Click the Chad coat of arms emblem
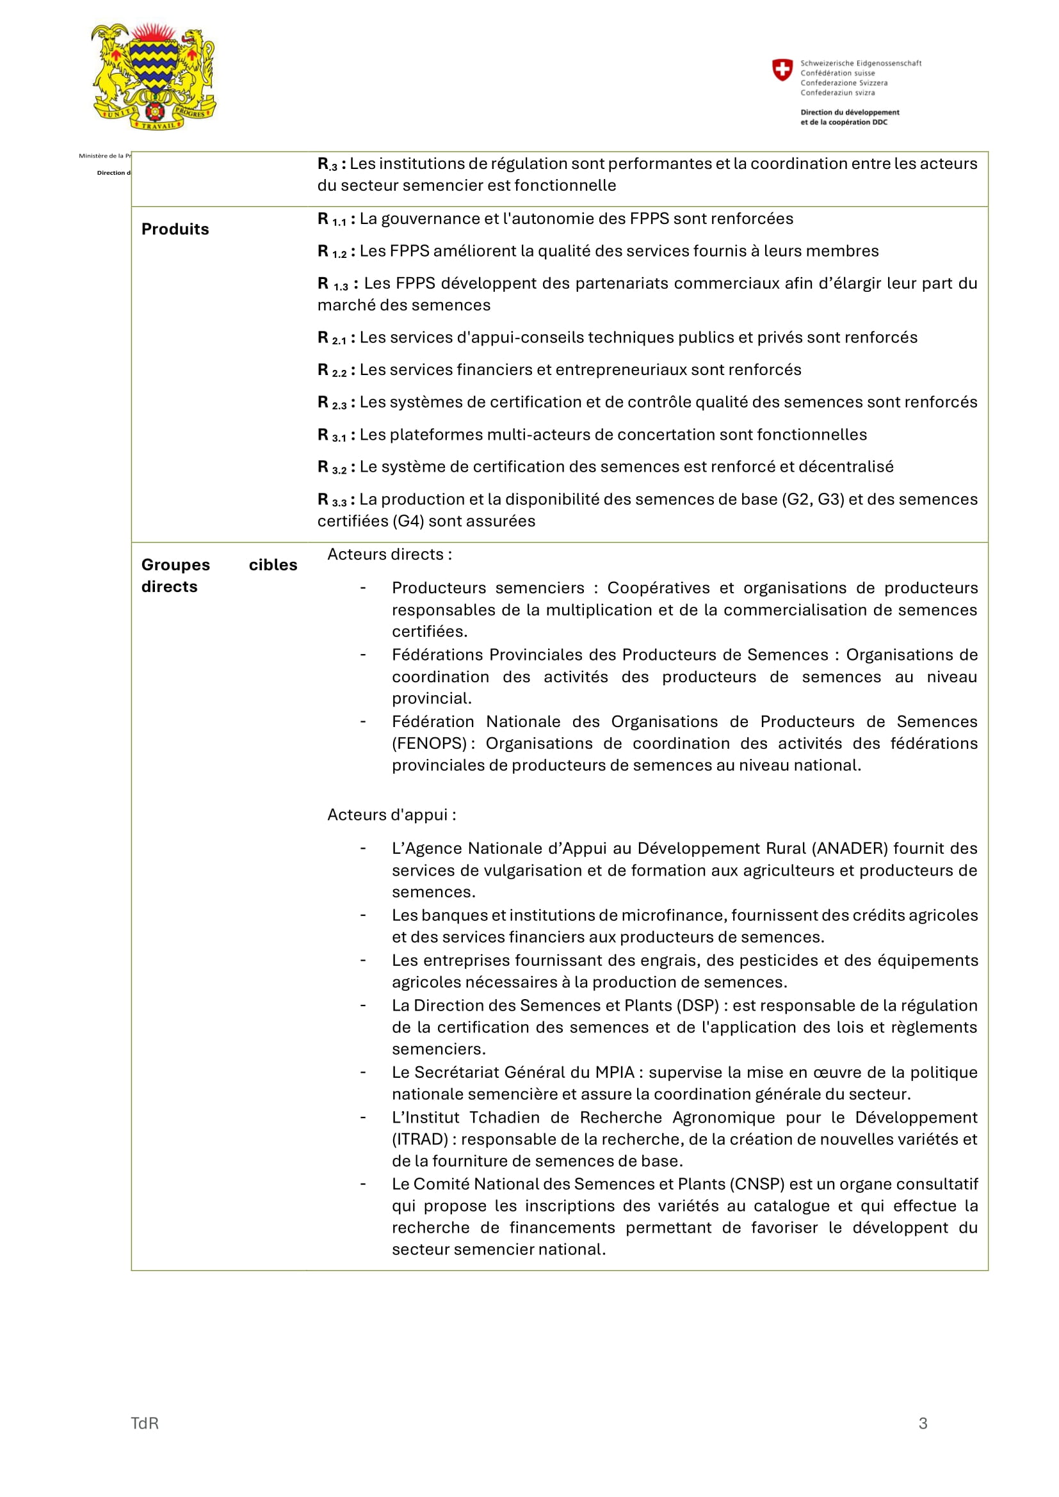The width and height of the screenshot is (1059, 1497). tap(154, 76)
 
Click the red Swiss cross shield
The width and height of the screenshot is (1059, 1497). tap(782, 70)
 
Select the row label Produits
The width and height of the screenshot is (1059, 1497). tap(175, 229)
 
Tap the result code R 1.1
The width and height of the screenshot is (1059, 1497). tap(332, 220)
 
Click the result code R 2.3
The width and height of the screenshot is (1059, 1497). tap(332, 403)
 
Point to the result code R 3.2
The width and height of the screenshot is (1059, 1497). tap(332, 467)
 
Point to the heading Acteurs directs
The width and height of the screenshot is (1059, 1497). tap(389, 554)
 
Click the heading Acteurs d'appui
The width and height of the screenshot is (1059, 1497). tap(391, 815)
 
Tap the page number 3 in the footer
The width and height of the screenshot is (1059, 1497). tap(923, 1423)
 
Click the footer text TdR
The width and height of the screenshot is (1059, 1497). tap(145, 1423)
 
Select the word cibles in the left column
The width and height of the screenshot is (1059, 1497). tap(273, 564)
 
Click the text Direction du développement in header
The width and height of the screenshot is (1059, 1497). tap(850, 112)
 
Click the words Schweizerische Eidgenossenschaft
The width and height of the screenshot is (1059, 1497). tap(861, 63)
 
